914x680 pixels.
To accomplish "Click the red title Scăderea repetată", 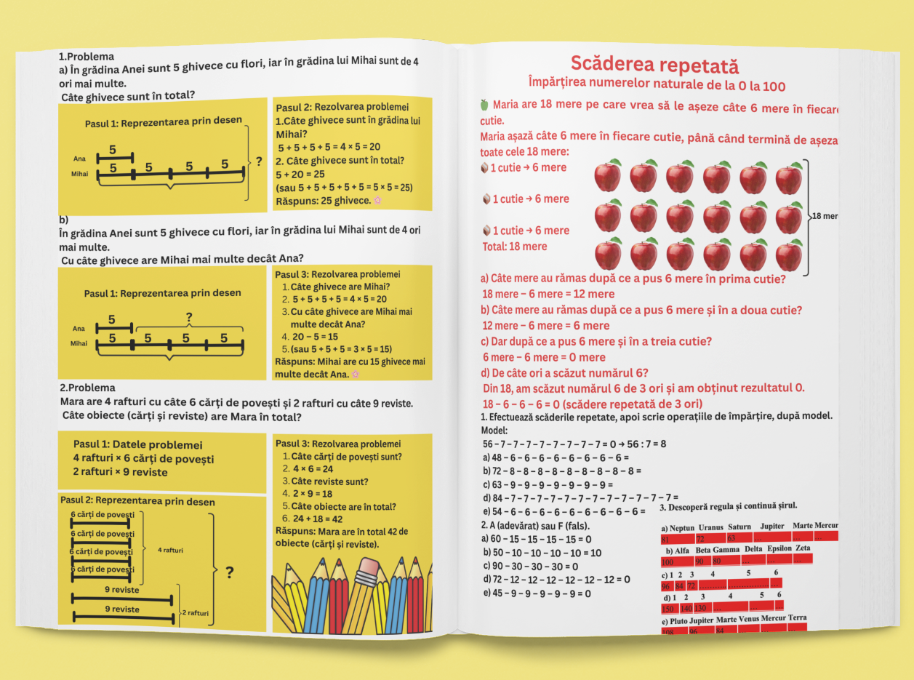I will (x=654, y=65).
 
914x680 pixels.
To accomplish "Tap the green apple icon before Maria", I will (x=484, y=105).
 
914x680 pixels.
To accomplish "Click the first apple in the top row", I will (x=608, y=176).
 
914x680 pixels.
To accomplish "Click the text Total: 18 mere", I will (x=515, y=247).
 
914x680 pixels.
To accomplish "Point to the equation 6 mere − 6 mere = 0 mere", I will (x=544, y=357).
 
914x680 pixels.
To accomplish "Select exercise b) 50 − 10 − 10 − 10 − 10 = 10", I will (x=542, y=553).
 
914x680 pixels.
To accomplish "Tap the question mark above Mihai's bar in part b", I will (x=189, y=318).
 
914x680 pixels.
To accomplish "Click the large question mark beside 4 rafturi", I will (x=229, y=573).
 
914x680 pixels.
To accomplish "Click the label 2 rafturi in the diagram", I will (x=195, y=613).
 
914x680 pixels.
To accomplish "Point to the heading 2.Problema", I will (x=87, y=388).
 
